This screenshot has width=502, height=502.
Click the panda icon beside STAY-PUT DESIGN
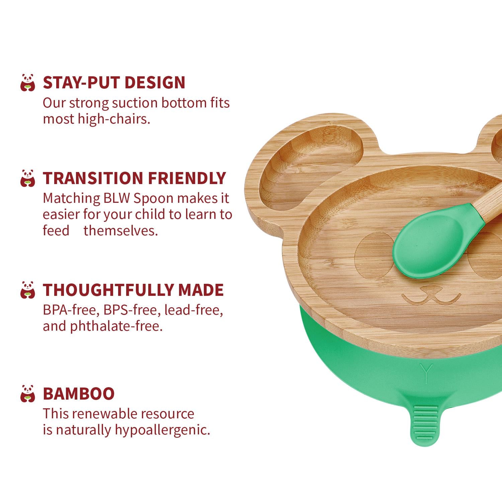pos(27,82)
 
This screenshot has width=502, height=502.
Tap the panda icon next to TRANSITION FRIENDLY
pos(27,178)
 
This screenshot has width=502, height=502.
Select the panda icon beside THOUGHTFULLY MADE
pos(27,290)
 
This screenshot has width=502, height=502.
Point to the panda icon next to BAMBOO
pos(27,394)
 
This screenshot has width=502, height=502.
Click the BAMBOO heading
pos(79,394)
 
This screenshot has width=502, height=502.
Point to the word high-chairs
pos(114,119)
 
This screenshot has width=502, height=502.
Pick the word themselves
pos(120,231)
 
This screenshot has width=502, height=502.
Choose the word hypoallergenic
pos(162,430)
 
